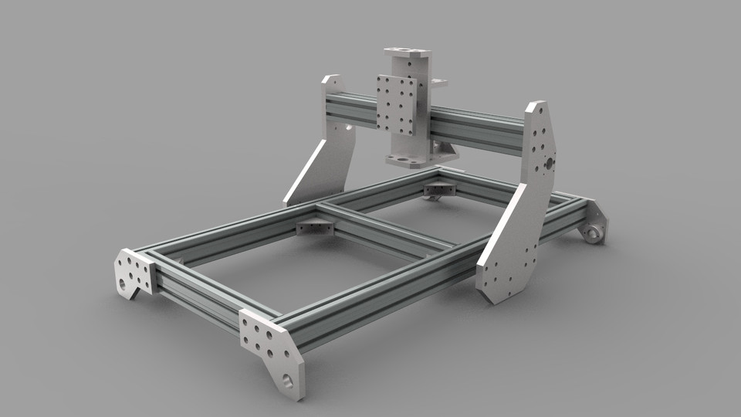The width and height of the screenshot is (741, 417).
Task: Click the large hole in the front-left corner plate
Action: [123, 283]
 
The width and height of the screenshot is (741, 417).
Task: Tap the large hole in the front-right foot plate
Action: [288, 379]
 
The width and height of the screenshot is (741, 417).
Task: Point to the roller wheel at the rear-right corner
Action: [594, 233]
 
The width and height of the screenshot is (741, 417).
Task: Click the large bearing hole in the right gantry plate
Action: [547, 164]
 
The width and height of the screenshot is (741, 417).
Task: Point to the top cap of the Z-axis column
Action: [407, 52]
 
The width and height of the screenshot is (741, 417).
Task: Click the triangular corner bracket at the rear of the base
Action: [441, 188]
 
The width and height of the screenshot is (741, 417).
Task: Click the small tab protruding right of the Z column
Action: [439, 80]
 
